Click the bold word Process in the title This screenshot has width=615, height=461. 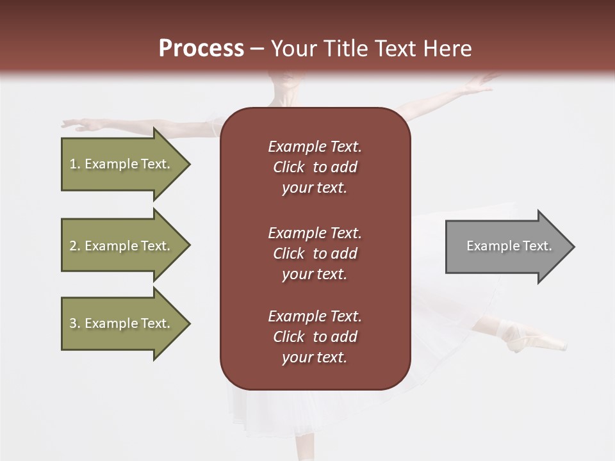pyautogui.click(x=201, y=49)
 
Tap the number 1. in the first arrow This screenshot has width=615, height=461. pyautogui.click(x=75, y=165)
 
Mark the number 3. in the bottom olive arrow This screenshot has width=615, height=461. pyautogui.click(x=75, y=324)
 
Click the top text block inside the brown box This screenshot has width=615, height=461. pyautogui.click(x=315, y=167)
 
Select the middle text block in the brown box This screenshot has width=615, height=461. pyautogui.click(x=315, y=254)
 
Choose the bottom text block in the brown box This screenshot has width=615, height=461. pyautogui.click(x=315, y=337)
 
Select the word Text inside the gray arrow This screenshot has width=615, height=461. pyautogui.click(x=537, y=246)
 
